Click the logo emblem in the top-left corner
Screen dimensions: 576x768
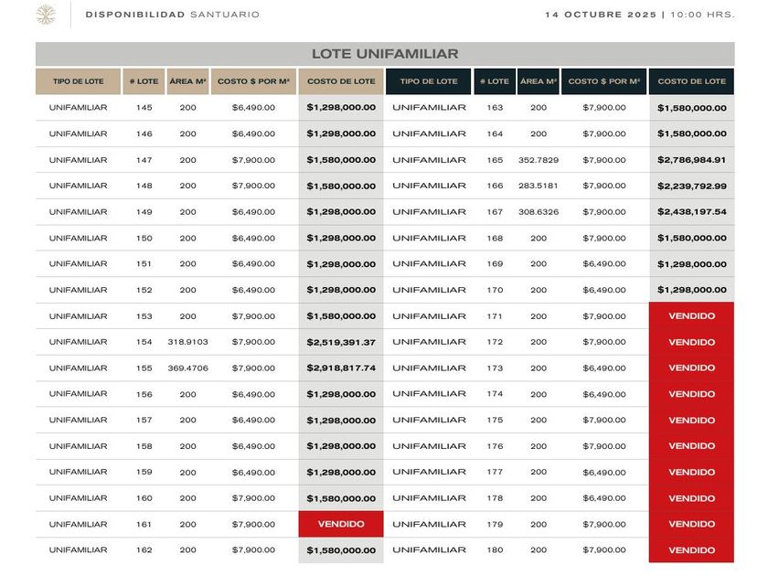click(45, 15)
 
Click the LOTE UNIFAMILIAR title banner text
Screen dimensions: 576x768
click(385, 54)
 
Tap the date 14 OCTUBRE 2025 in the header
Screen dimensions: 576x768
click(602, 15)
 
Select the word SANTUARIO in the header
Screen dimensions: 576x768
click(225, 15)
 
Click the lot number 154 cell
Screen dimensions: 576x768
click(144, 342)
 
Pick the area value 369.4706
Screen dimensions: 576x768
click(187, 368)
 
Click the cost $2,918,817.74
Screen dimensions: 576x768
click(341, 368)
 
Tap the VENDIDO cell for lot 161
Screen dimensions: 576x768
click(341, 525)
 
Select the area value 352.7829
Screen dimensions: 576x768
click(539, 160)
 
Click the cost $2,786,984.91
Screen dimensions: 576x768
click(691, 160)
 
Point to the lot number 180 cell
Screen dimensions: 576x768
click(495, 550)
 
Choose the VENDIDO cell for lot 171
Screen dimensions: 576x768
click(691, 316)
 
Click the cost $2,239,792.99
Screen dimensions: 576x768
click(691, 187)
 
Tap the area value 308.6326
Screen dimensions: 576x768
click(539, 212)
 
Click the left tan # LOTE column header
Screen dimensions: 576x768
click(144, 81)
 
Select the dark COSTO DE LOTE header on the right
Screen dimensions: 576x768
click(691, 81)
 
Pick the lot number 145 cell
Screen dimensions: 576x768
click(144, 108)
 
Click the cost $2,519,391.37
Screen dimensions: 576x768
click(341, 342)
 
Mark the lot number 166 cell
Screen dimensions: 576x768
click(495, 187)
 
